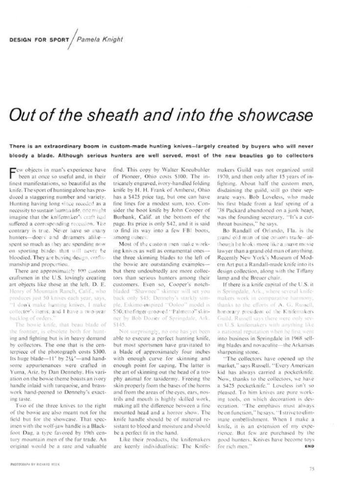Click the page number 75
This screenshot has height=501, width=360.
click(x=312, y=468)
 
